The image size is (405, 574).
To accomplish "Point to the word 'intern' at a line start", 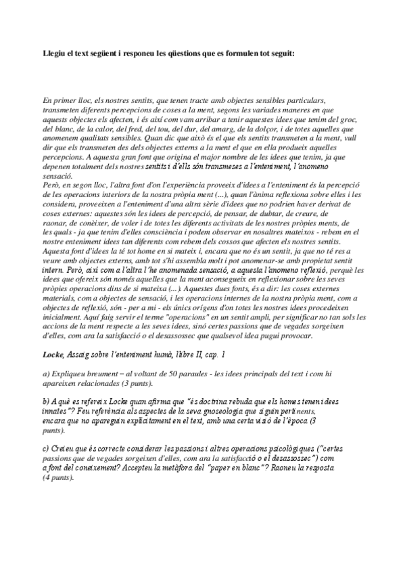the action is [x=53, y=273].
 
